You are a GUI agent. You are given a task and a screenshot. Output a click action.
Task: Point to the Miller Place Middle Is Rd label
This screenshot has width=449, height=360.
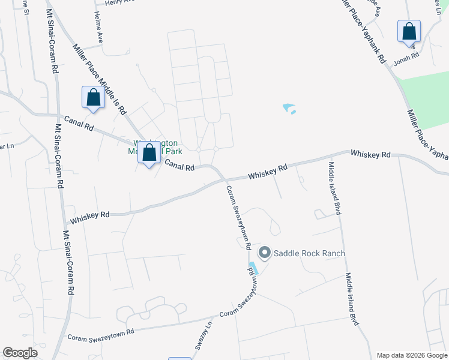(100, 80)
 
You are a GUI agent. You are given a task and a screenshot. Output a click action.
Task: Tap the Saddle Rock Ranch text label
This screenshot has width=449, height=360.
(309, 253)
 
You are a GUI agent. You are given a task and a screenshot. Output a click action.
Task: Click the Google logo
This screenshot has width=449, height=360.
(20, 353)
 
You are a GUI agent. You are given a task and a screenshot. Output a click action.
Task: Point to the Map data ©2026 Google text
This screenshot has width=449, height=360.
(411, 355)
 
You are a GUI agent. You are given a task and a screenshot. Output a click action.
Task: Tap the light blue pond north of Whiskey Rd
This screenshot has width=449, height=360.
(289, 109)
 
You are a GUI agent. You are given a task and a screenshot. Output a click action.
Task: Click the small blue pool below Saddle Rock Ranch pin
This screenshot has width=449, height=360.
(253, 269)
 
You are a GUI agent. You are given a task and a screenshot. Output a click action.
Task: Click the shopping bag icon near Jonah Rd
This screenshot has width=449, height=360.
(409, 31)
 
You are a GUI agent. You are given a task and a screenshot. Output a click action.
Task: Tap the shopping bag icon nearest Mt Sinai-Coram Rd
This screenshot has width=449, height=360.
(94, 98)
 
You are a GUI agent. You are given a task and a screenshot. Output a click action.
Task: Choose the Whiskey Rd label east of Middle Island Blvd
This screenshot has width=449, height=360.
(371, 154)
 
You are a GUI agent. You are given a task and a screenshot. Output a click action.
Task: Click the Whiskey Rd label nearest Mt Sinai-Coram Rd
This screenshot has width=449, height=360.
(90, 217)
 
